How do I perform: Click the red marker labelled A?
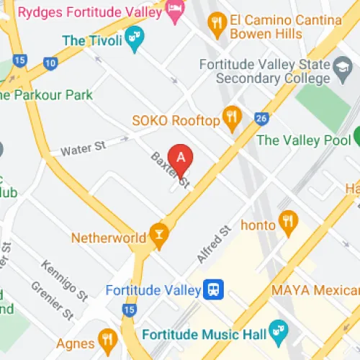point(181,157)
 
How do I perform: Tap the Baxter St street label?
point(170,171)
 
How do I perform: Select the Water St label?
point(83,148)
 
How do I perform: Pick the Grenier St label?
point(52,300)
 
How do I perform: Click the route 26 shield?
point(261,118)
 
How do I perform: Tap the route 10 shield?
point(50,63)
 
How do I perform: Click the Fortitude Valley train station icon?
point(214,290)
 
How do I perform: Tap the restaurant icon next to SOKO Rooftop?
point(232,120)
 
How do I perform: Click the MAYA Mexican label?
point(315,290)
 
